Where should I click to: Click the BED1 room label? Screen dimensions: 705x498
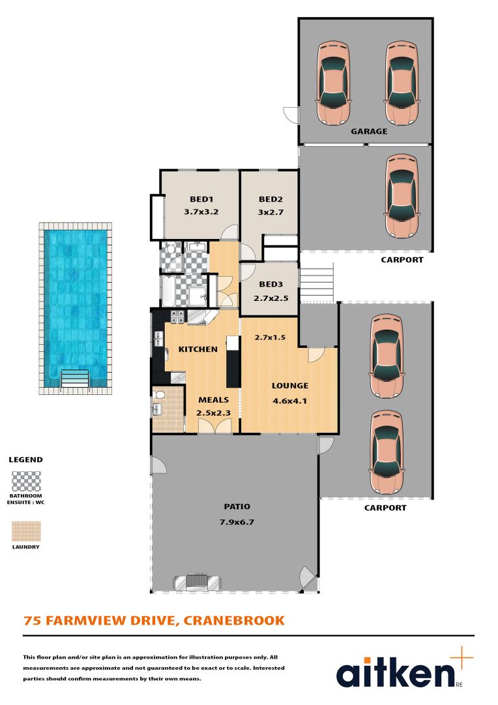[201, 199]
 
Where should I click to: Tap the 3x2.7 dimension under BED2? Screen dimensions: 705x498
[271, 211]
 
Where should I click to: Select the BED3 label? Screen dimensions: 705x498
[271, 285]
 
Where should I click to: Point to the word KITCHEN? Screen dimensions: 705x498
[198, 349]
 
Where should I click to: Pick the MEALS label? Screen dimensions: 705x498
[213, 399]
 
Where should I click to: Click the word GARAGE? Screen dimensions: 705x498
[369, 131]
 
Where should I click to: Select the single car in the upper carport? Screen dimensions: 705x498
[400, 196]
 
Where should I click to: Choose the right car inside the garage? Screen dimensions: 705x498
[401, 83]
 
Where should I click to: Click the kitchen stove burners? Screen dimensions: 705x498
[177, 317]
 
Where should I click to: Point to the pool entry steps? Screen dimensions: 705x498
[74, 379]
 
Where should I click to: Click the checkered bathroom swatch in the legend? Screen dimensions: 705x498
[26, 481]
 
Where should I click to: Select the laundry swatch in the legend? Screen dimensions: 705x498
[26, 531]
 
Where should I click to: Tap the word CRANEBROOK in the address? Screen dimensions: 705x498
[235, 620]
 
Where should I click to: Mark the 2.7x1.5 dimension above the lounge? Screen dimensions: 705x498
[270, 337]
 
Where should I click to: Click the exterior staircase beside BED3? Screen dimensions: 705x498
[317, 281]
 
